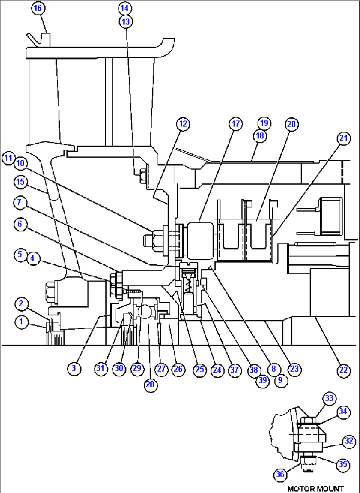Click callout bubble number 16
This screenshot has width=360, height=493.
coord(38,8)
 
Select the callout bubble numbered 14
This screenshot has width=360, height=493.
coord(125,8)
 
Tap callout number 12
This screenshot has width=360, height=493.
coord(183,124)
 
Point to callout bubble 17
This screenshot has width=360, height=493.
coord(235,124)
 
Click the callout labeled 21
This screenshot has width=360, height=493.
coord(343,138)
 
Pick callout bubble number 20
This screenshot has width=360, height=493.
coord(291,124)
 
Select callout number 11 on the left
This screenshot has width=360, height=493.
coord(8,158)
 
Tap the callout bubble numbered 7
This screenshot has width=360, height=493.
coord(19,202)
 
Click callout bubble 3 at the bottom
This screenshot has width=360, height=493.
coord(74,368)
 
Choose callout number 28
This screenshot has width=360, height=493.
coord(150,384)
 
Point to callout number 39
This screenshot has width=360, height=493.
coord(263,380)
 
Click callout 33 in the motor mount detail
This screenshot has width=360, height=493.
coord(329,398)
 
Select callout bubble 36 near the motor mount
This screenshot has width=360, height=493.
coord(280,474)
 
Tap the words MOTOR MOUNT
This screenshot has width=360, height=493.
coord(315,488)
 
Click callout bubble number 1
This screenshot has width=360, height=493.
coord(21,322)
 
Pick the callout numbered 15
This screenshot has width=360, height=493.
coord(20,182)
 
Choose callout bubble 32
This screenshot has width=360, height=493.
coord(349,441)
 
